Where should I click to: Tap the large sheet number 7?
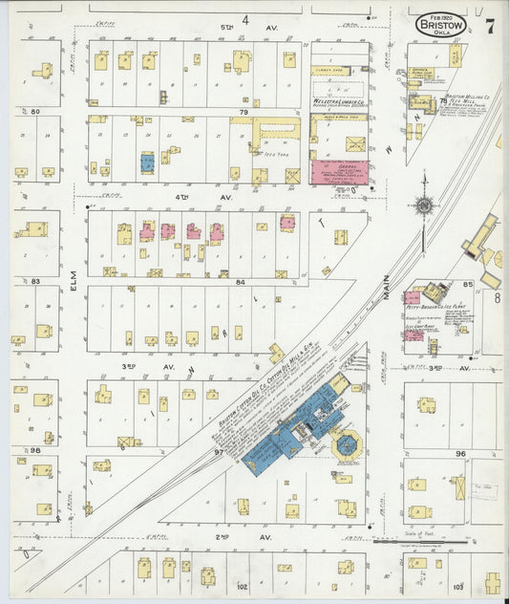coord(489,26)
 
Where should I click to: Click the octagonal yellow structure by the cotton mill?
coord(344,442)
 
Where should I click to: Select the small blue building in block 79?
coord(147,163)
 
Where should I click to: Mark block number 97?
coord(219,452)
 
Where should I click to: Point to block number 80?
coord(35,112)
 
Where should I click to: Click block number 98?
coord(35,450)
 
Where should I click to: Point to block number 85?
coord(468,284)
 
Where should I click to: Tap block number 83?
coord(35,282)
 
